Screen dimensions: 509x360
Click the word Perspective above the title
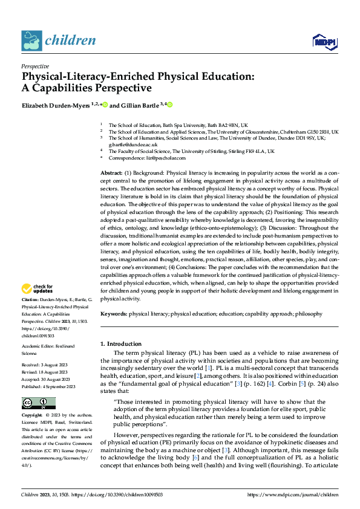35,66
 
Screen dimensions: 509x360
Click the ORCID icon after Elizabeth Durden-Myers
105,105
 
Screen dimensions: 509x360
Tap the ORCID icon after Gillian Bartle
170,105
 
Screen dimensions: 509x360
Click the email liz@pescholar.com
162,158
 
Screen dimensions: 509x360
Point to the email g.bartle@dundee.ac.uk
133,145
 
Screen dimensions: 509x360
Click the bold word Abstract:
113,173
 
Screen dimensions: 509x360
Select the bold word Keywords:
114,314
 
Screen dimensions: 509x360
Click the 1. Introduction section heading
121,344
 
